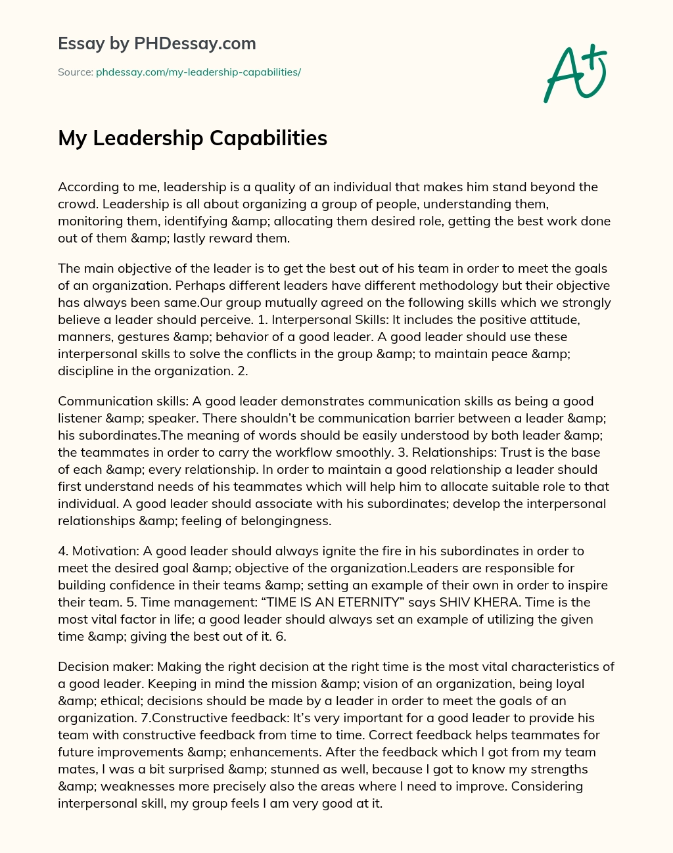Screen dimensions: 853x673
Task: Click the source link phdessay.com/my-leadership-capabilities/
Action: tap(198, 72)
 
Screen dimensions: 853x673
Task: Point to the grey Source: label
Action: tap(75, 72)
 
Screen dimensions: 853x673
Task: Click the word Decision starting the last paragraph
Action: tap(81, 666)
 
